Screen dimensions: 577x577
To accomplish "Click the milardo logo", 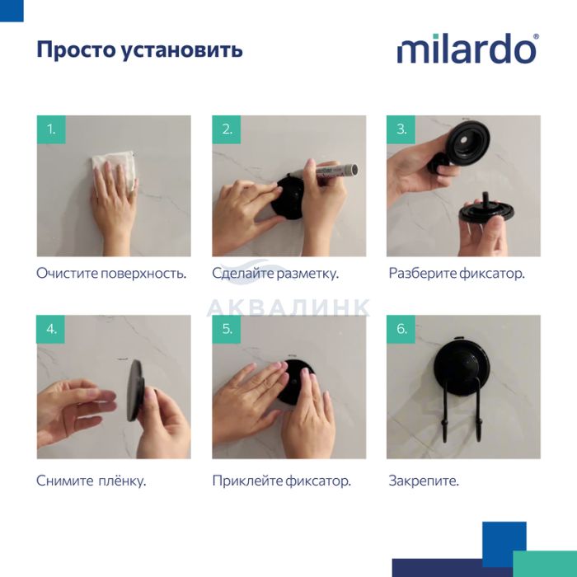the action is tap(467, 49).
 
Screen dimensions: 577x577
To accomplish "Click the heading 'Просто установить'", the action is tap(140, 49).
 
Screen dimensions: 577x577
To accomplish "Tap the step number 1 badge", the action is tap(51, 129).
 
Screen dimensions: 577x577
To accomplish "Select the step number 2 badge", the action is tap(227, 129).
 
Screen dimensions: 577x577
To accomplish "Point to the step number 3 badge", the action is tap(401, 129).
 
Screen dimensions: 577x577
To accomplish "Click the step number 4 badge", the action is tap(51, 329).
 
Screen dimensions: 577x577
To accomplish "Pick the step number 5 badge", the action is tap(227, 329).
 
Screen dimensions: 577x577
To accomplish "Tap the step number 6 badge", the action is tap(401, 329).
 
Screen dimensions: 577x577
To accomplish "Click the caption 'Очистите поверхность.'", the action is tap(111, 274).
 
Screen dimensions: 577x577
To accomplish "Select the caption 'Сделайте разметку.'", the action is tap(275, 274).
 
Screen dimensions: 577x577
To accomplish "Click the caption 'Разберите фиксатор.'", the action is tap(457, 274).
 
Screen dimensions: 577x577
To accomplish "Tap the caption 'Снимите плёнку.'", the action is tap(91, 481).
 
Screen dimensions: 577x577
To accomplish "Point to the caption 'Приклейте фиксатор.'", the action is tap(282, 481).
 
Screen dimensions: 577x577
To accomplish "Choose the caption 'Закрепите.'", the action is tap(424, 481).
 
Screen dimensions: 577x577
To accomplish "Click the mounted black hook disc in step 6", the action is tap(462, 366).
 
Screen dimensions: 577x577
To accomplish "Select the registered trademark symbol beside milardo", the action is tap(536, 36).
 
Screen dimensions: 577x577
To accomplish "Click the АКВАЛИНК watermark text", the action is tap(288, 307).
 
